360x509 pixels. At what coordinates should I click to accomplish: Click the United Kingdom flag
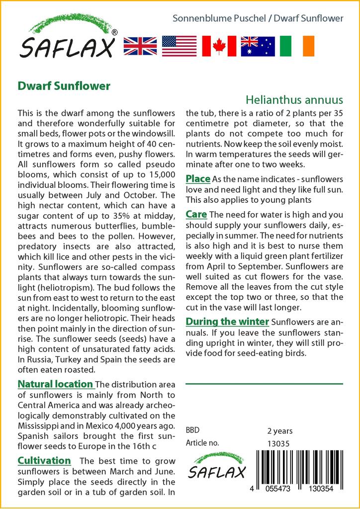pyautogui.click(x=140, y=46)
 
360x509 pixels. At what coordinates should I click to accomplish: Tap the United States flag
pyautogui.click(x=179, y=46)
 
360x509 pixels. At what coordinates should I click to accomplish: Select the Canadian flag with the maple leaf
pyautogui.click(x=219, y=46)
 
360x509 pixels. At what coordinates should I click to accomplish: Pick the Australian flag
pyautogui.click(x=258, y=46)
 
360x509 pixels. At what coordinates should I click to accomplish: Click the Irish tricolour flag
pyautogui.click(x=297, y=46)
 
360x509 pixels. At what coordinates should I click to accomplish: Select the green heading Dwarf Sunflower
pyautogui.click(x=64, y=86)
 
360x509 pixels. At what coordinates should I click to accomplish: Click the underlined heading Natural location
pyautogui.click(x=55, y=384)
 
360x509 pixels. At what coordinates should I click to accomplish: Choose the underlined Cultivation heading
pyautogui.click(x=44, y=460)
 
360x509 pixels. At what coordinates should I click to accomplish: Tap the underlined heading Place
pyautogui.click(x=198, y=178)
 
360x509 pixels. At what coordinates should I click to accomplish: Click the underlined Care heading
pyautogui.click(x=196, y=215)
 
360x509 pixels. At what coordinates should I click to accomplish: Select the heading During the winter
pyautogui.click(x=227, y=321)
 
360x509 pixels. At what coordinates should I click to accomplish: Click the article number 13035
pyautogui.click(x=278, y=443)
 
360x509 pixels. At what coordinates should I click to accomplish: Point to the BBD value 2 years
pyautogui.click(x=280, y=431)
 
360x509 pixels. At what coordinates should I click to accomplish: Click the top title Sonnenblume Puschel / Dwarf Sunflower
pyautogui.click(x=258, y=18)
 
